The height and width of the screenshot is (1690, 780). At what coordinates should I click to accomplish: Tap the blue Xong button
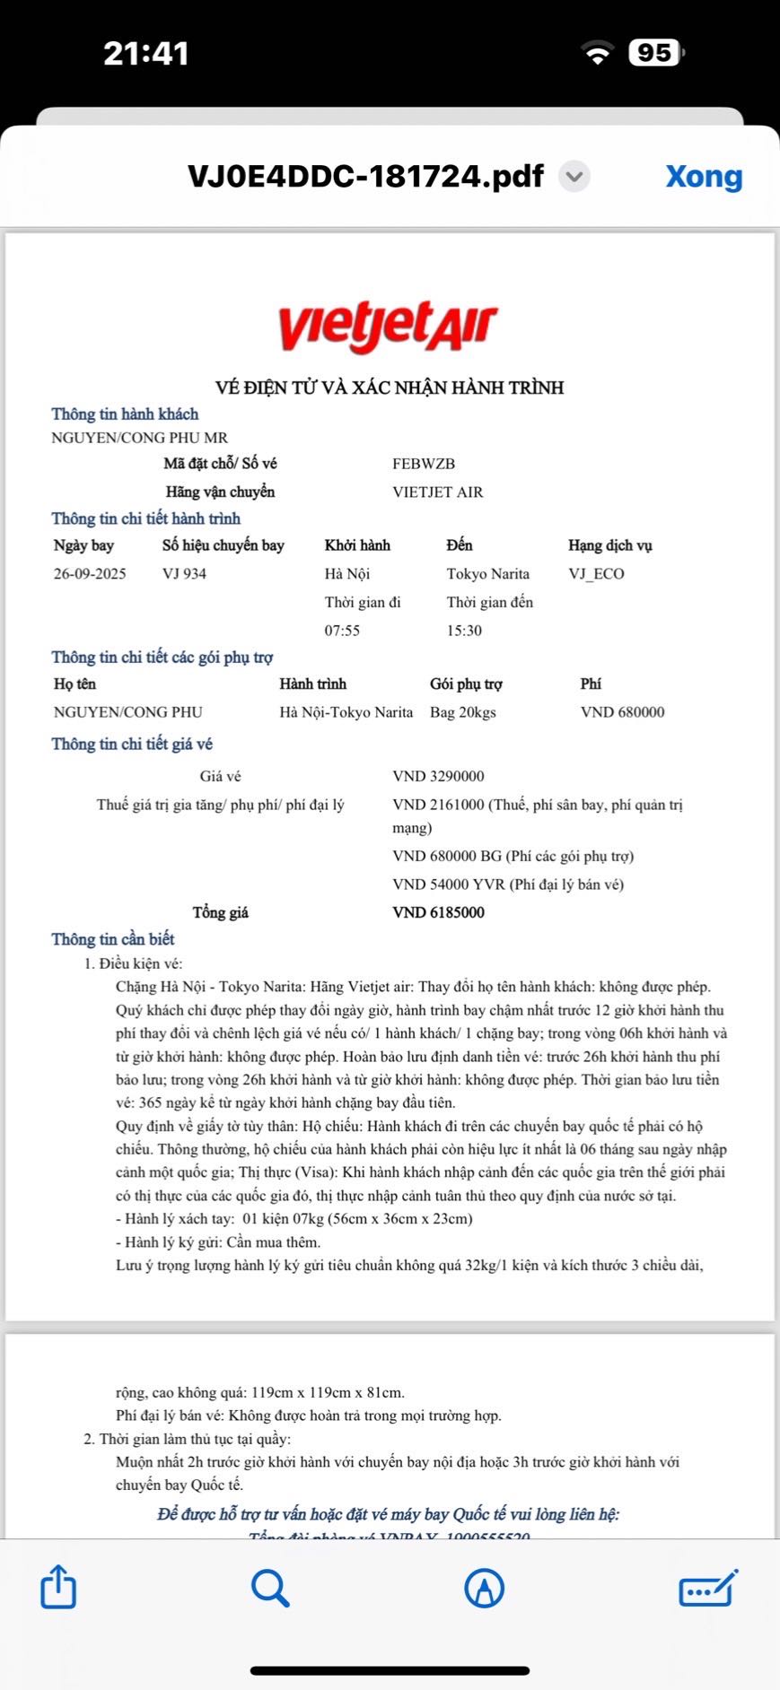click(x=704, y=177)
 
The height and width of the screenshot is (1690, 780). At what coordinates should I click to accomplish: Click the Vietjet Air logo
click(x=387, y=326)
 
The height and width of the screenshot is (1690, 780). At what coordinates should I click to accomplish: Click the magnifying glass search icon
click(x=269, y=1587)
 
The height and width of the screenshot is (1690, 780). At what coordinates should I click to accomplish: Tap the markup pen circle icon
click(x=484, y=1587)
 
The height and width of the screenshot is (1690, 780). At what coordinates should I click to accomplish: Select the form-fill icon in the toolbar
click(x=708, y=1587)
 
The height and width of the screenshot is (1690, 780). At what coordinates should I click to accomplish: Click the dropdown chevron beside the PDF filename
click(x=574, y=177)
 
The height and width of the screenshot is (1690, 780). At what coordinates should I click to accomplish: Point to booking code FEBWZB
click(x=424, y=464)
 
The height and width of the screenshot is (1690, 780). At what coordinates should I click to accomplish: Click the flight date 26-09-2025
click(x=90, y=574)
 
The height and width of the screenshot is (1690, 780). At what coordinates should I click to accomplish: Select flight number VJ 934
click(x=184, y=574)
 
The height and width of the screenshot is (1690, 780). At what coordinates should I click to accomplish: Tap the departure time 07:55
click(x=342, y=631)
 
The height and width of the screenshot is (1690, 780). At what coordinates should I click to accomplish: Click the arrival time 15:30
click(x=464, y=631)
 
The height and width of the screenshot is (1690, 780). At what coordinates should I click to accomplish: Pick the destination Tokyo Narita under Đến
click(x=488, y=574)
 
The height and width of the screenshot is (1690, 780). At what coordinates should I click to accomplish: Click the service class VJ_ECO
click(x=596, y=574)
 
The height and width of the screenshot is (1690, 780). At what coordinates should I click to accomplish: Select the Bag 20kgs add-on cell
click(x=462, y=712)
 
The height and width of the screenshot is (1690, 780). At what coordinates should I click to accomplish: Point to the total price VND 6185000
click(x=438, y=912)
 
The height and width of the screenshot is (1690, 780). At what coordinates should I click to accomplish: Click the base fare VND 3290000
click(x=438, y=776)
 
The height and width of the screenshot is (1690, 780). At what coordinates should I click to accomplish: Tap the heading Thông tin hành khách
click(x=125, y=414)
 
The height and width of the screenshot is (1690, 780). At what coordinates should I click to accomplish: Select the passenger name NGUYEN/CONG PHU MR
click(x=140, y=438)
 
